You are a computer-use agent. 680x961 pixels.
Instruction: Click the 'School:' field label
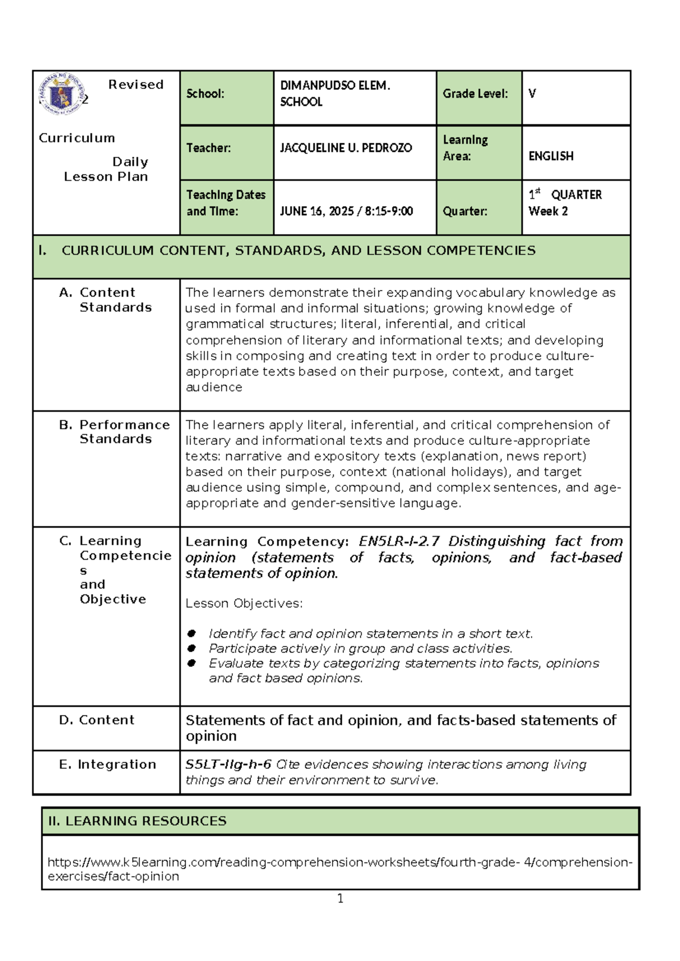pos(205,94)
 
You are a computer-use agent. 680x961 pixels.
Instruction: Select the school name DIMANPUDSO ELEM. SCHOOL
pos(334,93)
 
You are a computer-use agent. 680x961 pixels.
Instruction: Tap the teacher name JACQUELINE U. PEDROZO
pos(346,148)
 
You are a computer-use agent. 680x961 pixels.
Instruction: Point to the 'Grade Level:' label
pos(475,94)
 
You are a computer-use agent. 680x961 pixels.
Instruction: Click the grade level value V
pos(532,94)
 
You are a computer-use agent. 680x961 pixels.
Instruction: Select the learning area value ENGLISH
pos(551,156)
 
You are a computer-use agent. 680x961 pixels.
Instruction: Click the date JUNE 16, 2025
pos(317,211)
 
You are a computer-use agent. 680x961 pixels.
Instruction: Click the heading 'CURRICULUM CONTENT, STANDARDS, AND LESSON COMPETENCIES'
pos(298,250)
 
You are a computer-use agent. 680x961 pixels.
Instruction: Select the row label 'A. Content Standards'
pos(106,300)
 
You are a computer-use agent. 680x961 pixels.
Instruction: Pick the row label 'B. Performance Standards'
pos(114,432)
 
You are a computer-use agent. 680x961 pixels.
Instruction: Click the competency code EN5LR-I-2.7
pos(399,541)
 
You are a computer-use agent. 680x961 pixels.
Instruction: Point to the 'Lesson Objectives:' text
pos(244,603)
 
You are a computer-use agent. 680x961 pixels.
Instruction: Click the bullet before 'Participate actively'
pos(192,648)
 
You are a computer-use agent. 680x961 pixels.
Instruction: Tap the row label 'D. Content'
pos(97,720)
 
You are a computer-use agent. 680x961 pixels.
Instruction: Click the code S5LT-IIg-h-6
pos(228,764)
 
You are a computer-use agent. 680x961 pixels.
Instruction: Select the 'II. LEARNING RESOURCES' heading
pos(137,821)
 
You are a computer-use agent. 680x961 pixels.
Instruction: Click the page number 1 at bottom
pos(340,898)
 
